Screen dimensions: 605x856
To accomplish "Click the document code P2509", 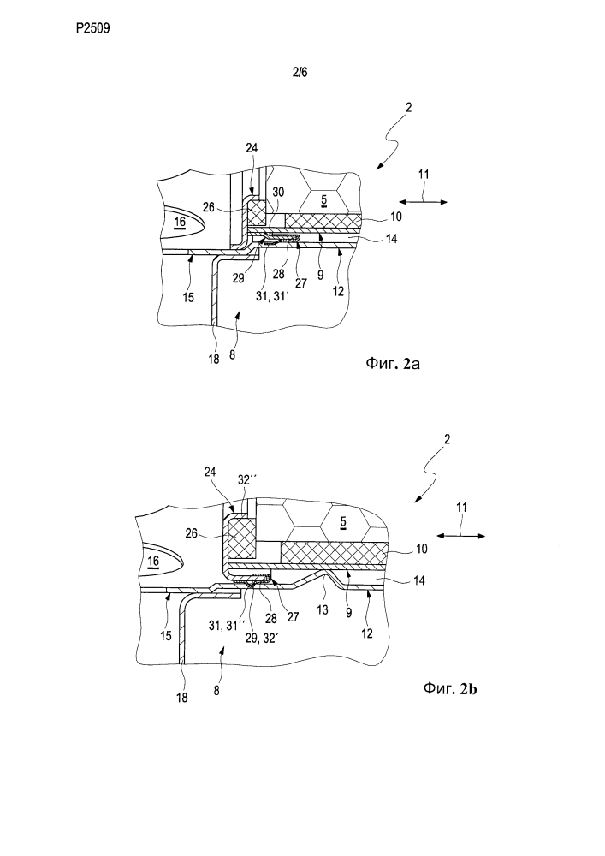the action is (92, 28).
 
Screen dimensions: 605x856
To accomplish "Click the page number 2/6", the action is (300, 72).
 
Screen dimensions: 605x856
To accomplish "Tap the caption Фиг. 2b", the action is (450, 688).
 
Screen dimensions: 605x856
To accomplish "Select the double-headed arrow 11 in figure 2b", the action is (461, 536).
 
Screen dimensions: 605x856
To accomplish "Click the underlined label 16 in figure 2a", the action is (180, 222).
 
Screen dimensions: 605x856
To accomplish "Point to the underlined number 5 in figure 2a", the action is (323, 201).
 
